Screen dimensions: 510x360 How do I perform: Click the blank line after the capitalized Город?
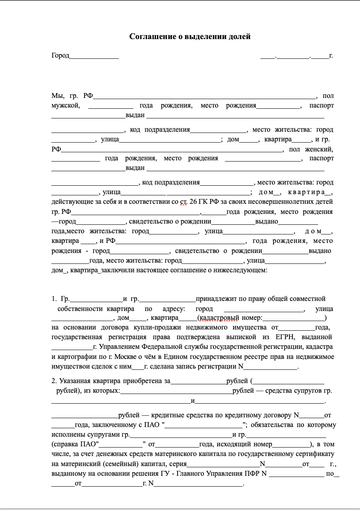tap(94, 56)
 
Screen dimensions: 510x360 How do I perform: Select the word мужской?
tap(66, 106)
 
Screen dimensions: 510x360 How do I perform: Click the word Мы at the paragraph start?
tap(58, 96)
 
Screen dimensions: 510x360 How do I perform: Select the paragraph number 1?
tap(54, 299)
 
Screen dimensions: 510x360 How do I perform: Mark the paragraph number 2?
tap(54, 381)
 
